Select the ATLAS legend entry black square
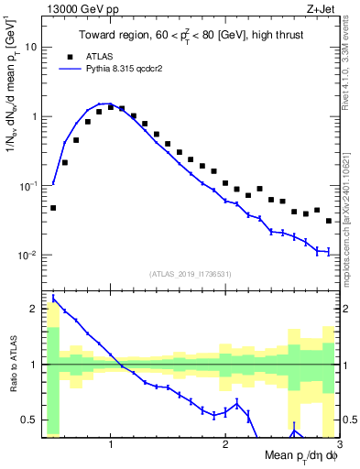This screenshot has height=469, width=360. [x=89, y=56]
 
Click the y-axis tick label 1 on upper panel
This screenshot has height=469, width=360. [x=34, y=116]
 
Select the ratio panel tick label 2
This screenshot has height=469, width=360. [x=34, y=309]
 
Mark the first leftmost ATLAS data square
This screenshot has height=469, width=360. [x=53, y=208]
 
